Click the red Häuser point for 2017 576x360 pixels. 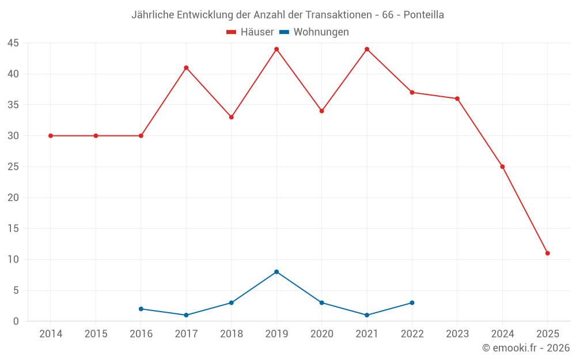(x=186, y=68)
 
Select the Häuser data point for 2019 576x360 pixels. (x=276, y=49)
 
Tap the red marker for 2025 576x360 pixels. (x=547, y=253)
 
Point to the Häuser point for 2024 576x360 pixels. (x=502, y=167)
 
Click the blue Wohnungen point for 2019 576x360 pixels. (x=276, y=272)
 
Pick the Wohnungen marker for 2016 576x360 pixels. (x=141, y=309)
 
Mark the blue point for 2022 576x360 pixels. (x=412, y=303)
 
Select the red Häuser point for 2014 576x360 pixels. (x=51, y=136)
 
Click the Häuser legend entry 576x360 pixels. (x=250, y=32)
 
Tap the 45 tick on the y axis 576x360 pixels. (x=13, y=43)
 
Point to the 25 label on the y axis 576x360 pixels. (x=13, y=167)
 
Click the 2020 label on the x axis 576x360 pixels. (x=321, y=334)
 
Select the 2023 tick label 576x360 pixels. (x=457, y=334)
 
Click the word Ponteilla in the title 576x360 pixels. (x=423, y=15)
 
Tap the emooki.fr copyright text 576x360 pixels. (x=526, y=348)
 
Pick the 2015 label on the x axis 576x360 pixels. (x=96, y=334)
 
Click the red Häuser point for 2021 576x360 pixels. (x=367, y=49)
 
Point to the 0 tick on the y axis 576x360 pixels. (x=16, y=321)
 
